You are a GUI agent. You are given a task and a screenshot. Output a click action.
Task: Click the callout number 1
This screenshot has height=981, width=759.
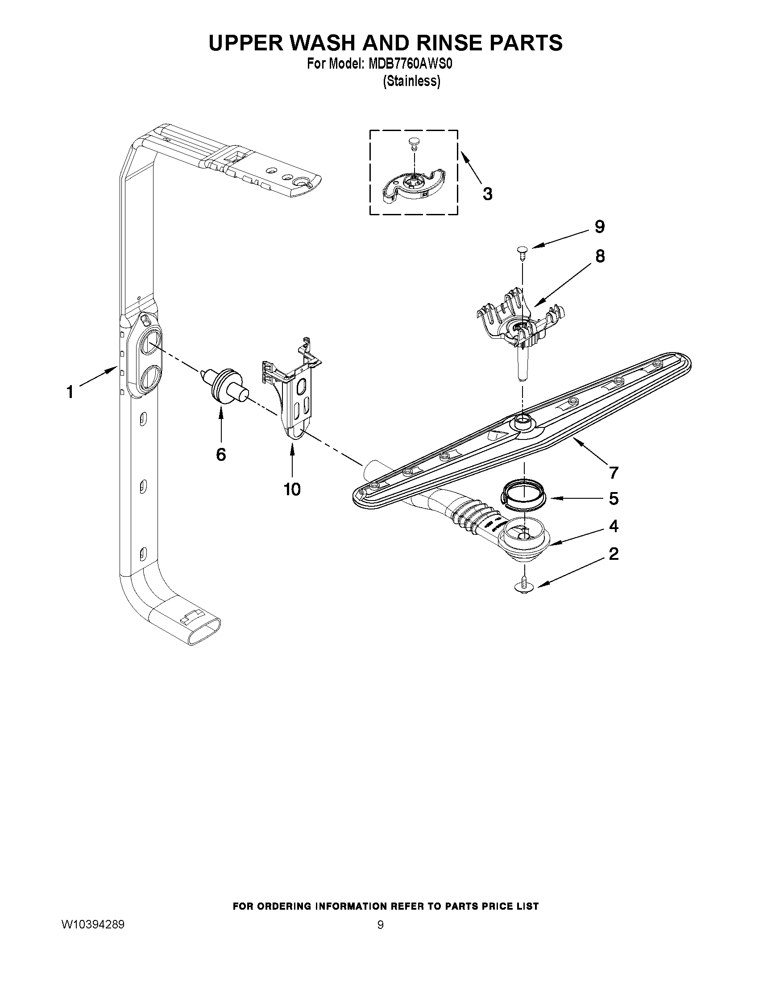pos(70,392)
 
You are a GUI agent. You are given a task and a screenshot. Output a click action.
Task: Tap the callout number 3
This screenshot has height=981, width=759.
pos(487,193)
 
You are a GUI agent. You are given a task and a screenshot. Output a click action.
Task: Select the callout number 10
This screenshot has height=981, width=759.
pos(292,488)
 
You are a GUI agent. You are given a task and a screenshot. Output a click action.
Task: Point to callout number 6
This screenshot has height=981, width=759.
pos(220,455)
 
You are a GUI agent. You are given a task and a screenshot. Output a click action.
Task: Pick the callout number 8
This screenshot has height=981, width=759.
pos(600,256)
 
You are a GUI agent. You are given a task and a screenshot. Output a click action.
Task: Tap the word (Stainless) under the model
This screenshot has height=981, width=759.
pos(411,81)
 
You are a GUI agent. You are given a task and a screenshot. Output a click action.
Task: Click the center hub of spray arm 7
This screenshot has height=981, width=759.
pos(522,420)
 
